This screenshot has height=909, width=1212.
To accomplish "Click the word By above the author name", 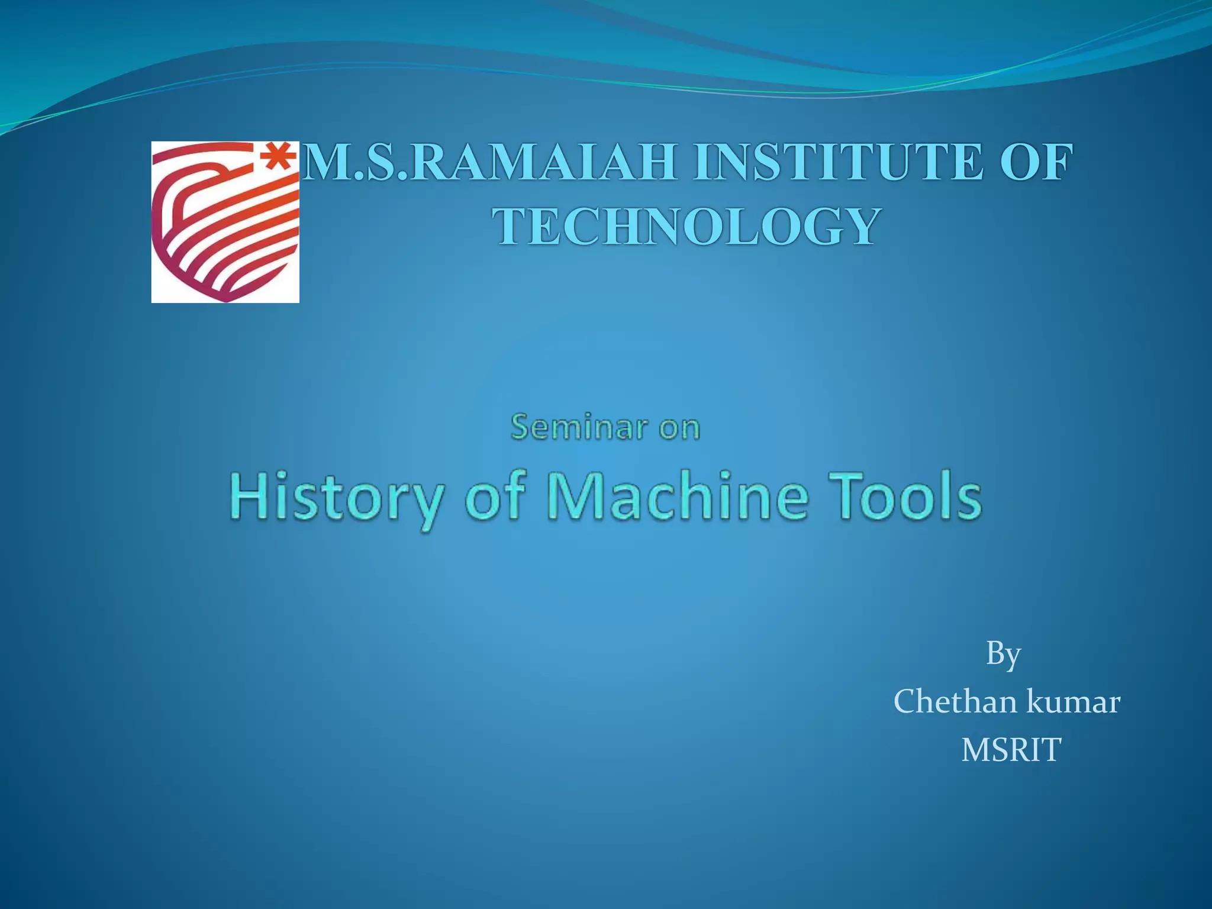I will (1003, 655).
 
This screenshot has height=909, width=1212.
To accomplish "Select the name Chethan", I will (955, 702).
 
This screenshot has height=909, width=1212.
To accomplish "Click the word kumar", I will (1074, 702).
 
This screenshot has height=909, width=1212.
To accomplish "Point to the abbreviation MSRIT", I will (1011, 750).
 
